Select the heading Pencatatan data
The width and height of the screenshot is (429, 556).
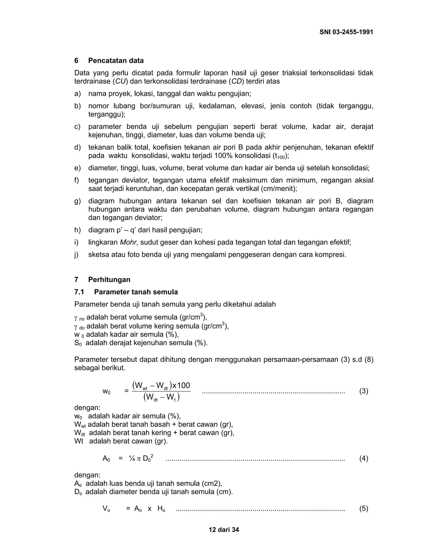[x=116, y=61]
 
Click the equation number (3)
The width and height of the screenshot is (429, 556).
[x=363, y=391]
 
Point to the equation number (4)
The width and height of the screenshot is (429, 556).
[x=363, y=458]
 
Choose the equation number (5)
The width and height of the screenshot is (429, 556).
[x=363, y=509]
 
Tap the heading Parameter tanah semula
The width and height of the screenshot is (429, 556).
[x=136, y=292]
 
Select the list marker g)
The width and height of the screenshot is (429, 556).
[x=77, y=201]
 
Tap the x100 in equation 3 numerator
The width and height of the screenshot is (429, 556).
[x=181, y=385]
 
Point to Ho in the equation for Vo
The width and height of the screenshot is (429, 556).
[x=161, y=509]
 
